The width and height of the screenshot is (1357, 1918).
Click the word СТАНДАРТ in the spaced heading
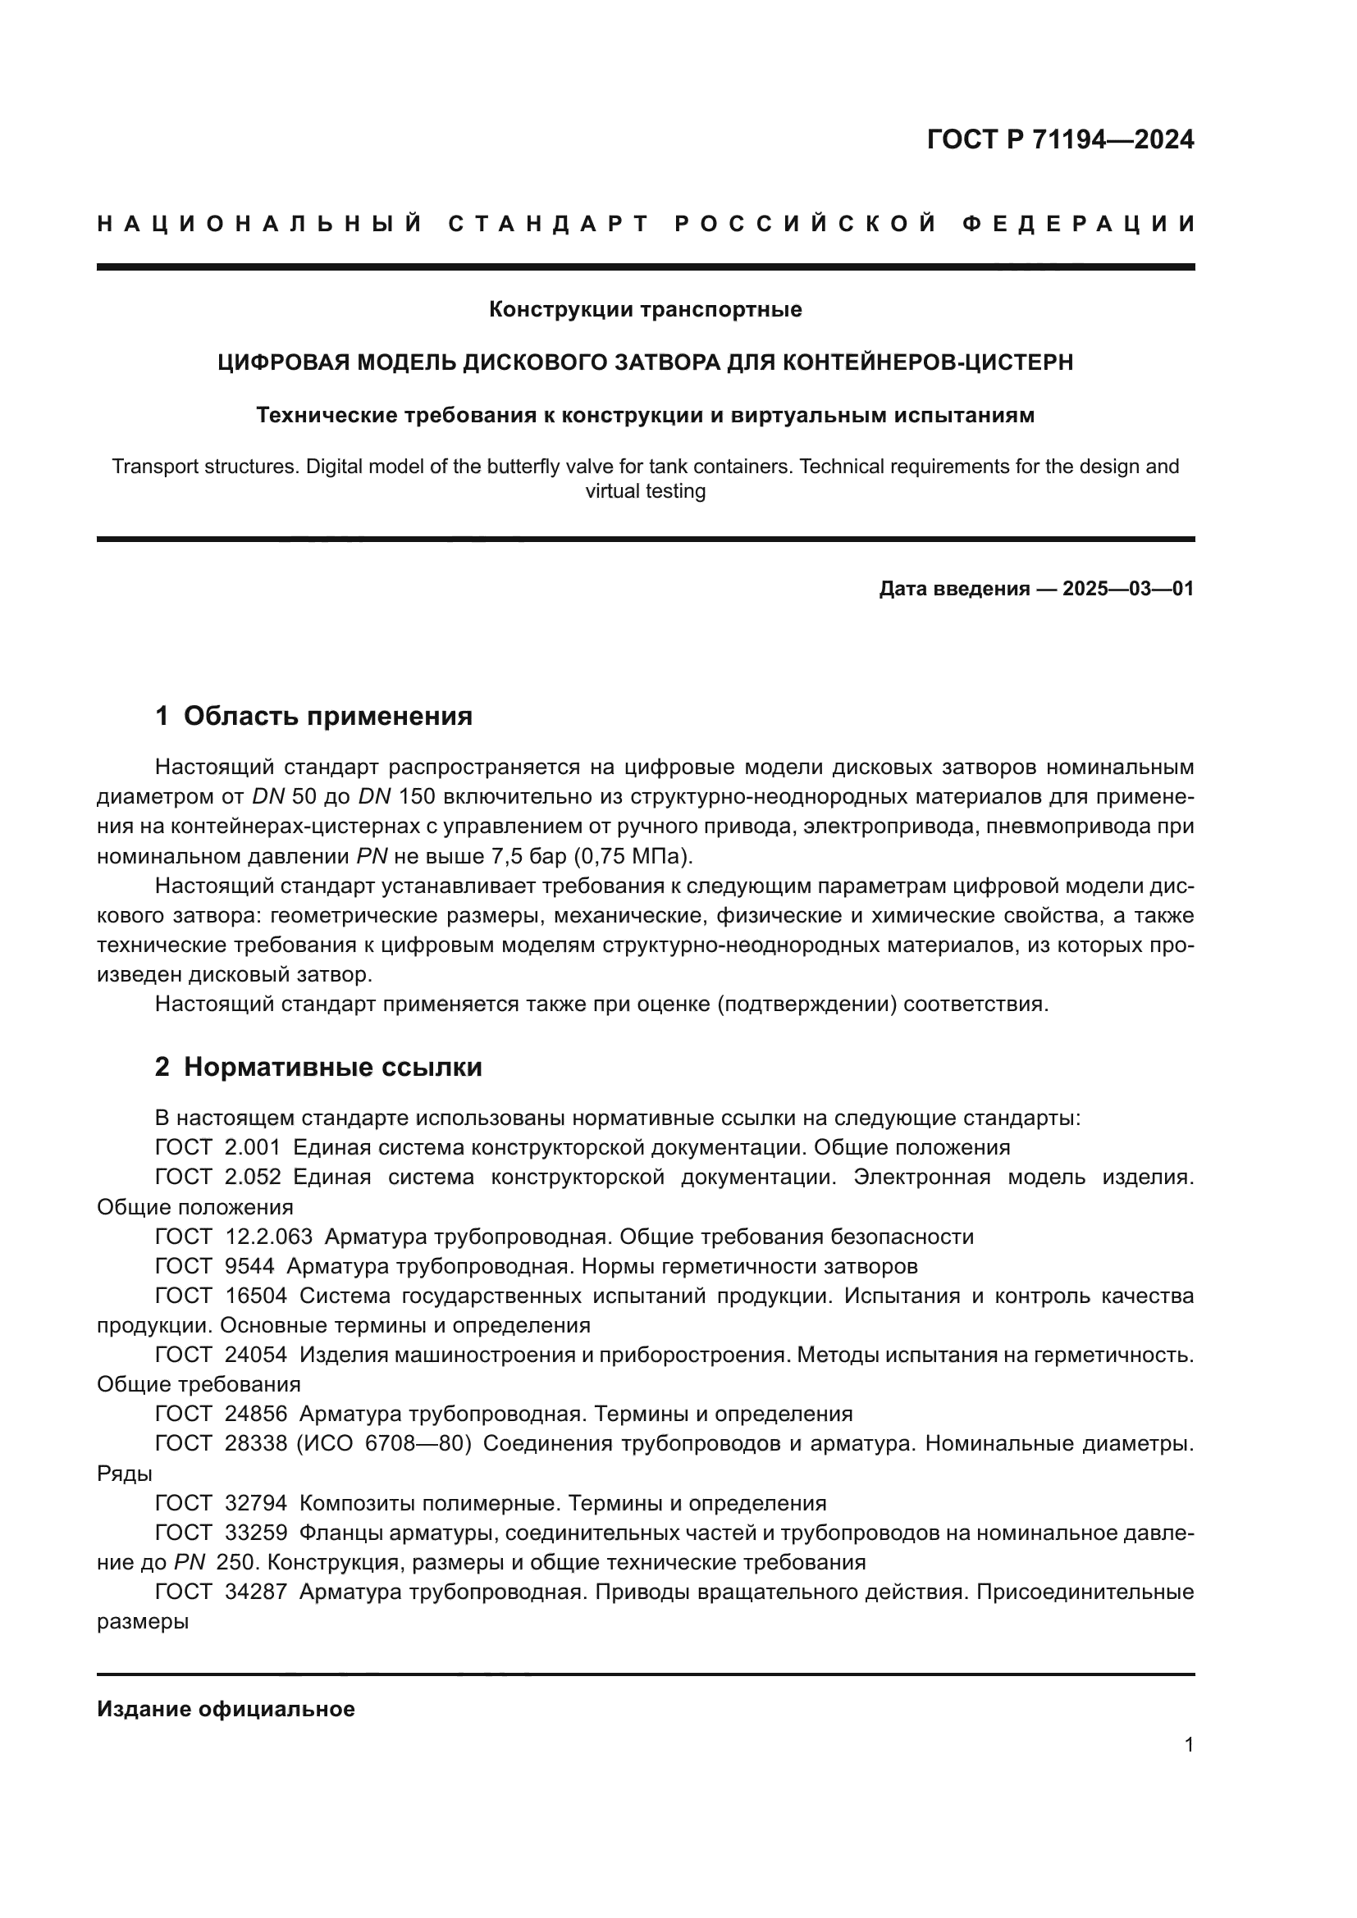click(x=549, y=224)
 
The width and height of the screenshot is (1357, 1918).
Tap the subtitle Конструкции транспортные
click(x=645, y=310)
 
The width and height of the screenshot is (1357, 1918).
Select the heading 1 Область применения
click(x=313, y=716)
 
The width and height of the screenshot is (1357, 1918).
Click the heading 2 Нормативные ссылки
click(x=318, y=1067)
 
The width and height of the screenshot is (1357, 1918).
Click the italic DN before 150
click(x=374, y=796)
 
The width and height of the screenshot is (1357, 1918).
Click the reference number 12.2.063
click(x=269, y=1237)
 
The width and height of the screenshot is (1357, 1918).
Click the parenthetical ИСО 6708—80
click(x=384, y=1443)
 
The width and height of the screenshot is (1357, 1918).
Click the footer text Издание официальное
click(x=226, y=1709)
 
